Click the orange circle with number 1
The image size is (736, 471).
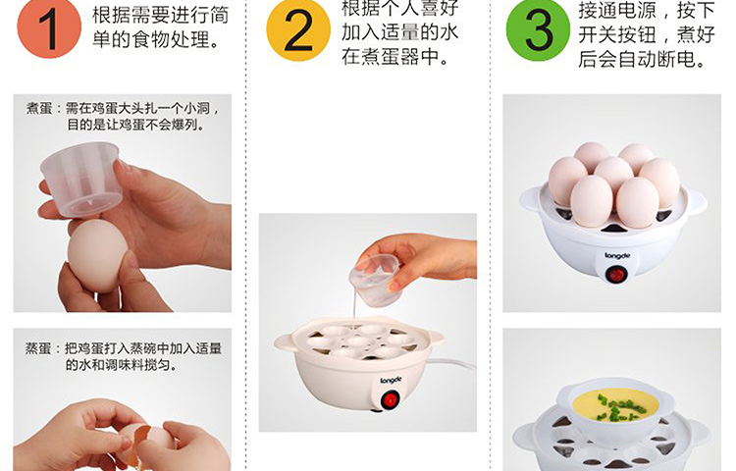[49, 28]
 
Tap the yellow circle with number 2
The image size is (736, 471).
[298, 30]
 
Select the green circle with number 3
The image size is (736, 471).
[539, 29]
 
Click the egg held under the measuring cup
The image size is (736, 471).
[97, 256]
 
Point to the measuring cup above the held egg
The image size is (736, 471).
[81, 179]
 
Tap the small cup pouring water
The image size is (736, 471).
[375, 279]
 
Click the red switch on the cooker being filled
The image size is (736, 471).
[390, 401]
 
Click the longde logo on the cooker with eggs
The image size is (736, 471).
[617, 256]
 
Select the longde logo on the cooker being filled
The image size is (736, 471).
[391, 380]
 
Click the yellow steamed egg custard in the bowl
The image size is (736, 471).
[615, 405]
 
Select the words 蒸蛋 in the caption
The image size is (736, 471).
[38, 348]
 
